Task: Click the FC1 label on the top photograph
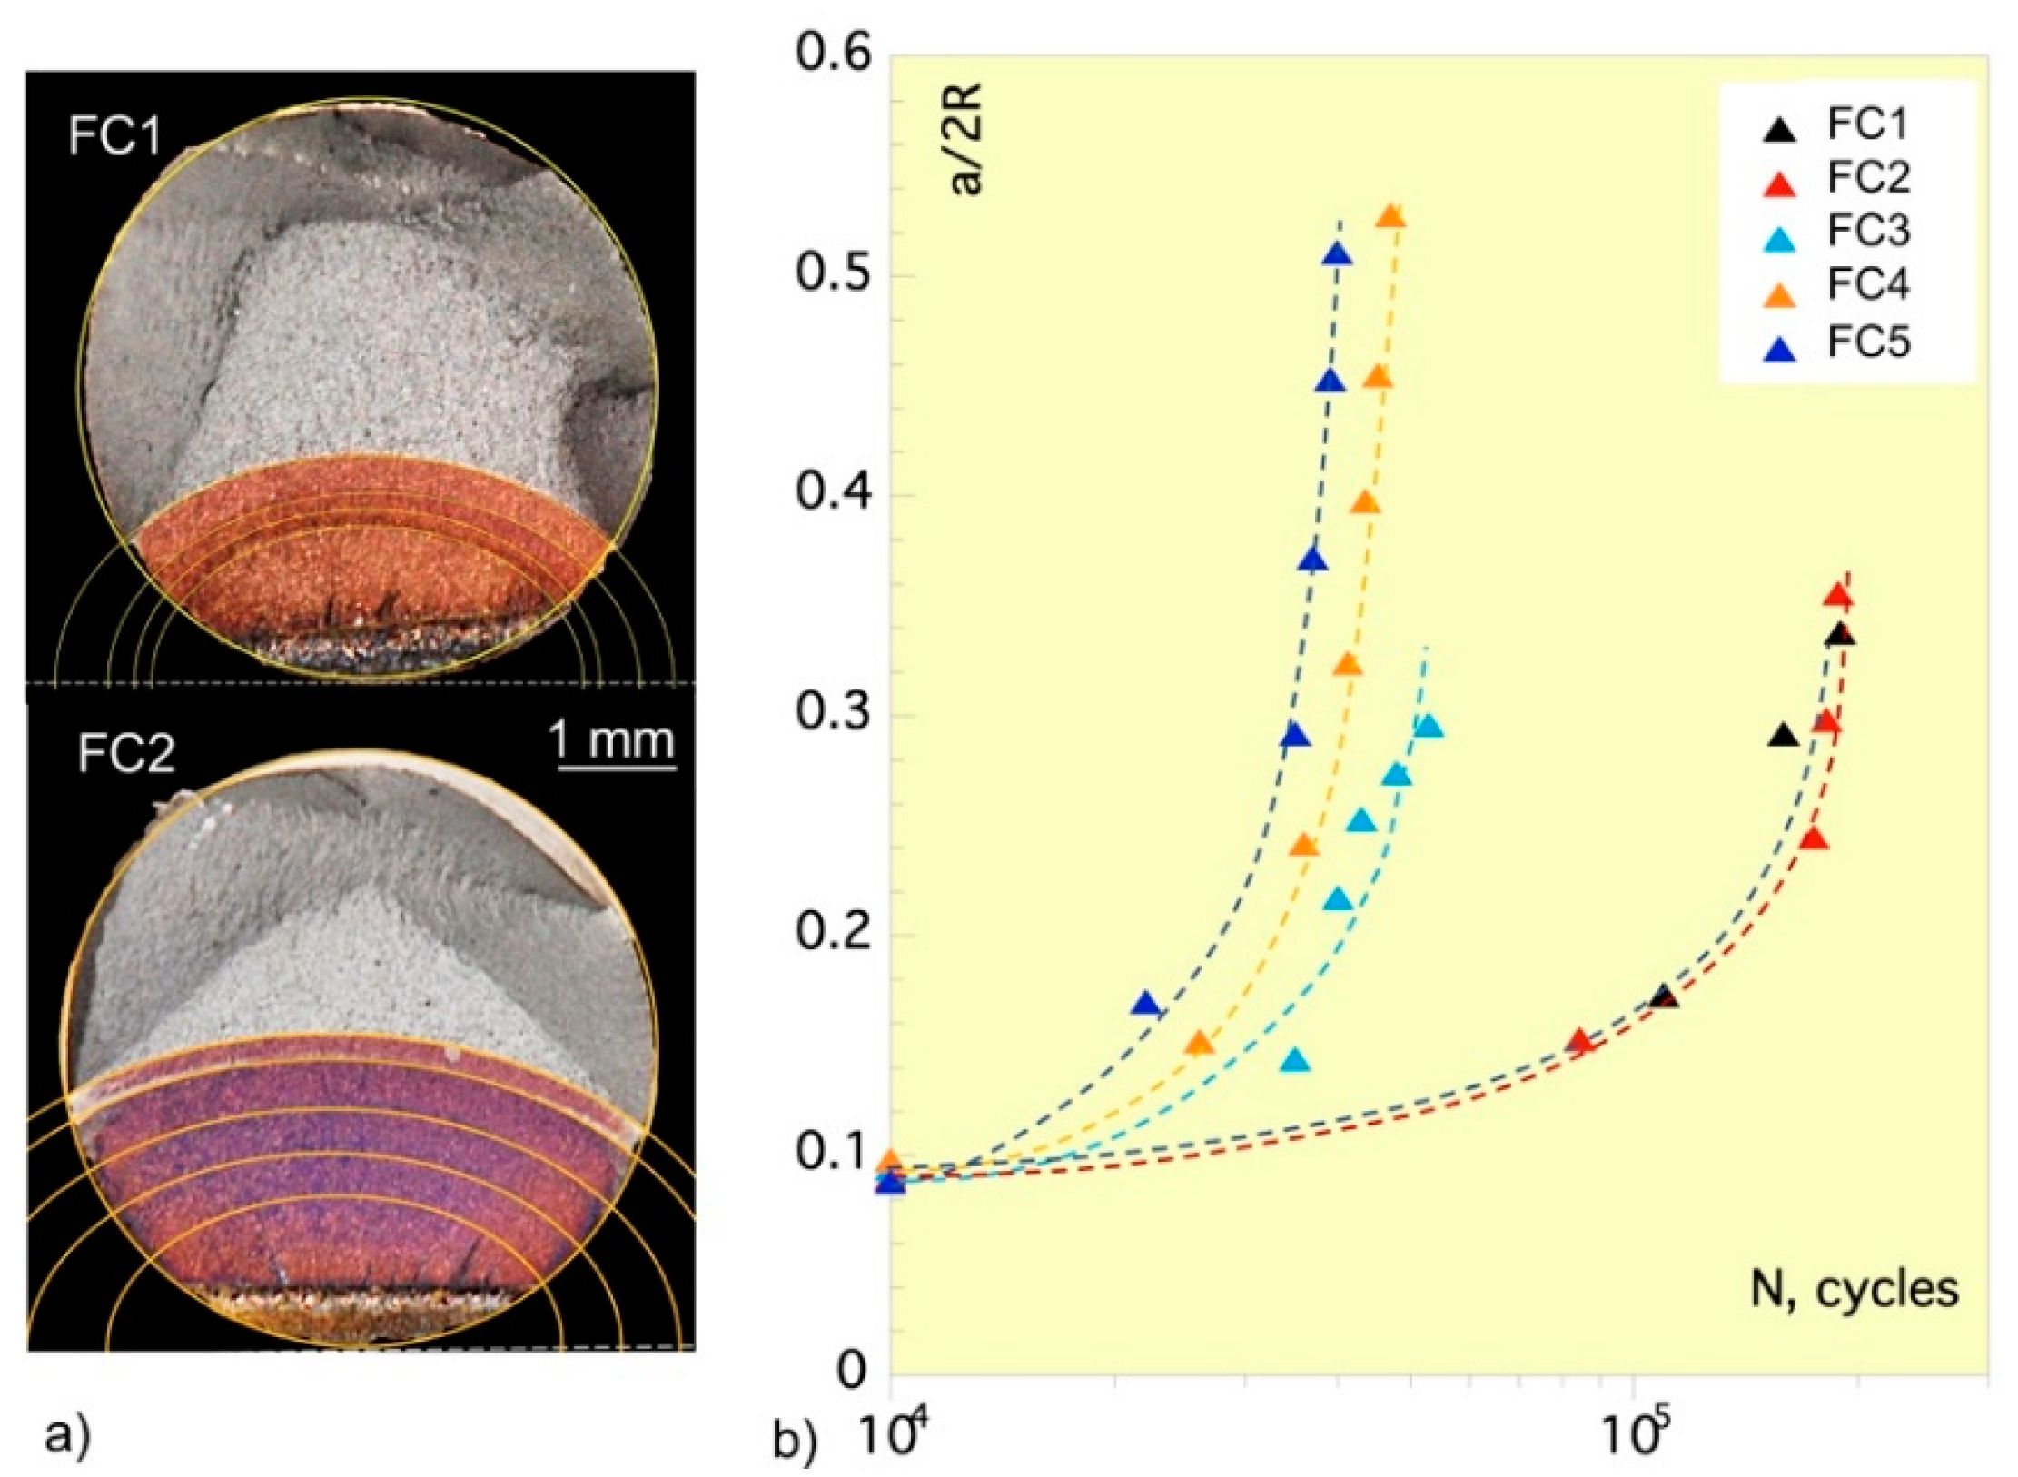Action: [114, 135]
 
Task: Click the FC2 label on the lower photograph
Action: [126, 753]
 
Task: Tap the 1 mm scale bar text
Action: [615, 741]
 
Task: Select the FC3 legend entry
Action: [1867, 232]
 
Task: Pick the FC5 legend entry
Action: [1867, 342]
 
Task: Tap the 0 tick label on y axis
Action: [852, 1371]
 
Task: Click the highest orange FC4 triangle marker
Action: [1391, 217]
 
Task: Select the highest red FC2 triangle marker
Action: [1838, 597]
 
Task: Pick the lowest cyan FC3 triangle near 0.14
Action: [1296, 1061]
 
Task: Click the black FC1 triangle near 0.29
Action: [1784, 737]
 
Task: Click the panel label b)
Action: [796, 1441]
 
